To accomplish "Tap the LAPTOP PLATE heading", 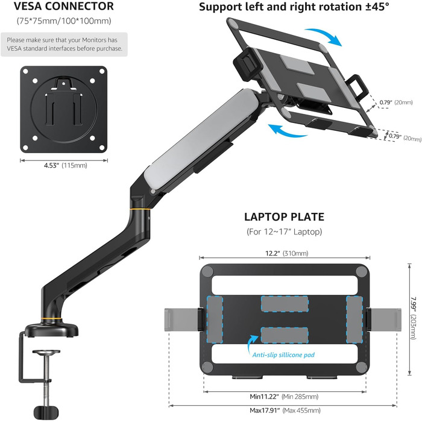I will point(284,216).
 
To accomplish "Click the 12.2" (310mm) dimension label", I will point(283,253).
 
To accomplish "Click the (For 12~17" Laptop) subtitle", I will point(284,231).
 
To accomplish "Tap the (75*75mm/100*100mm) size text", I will point(65,22).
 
